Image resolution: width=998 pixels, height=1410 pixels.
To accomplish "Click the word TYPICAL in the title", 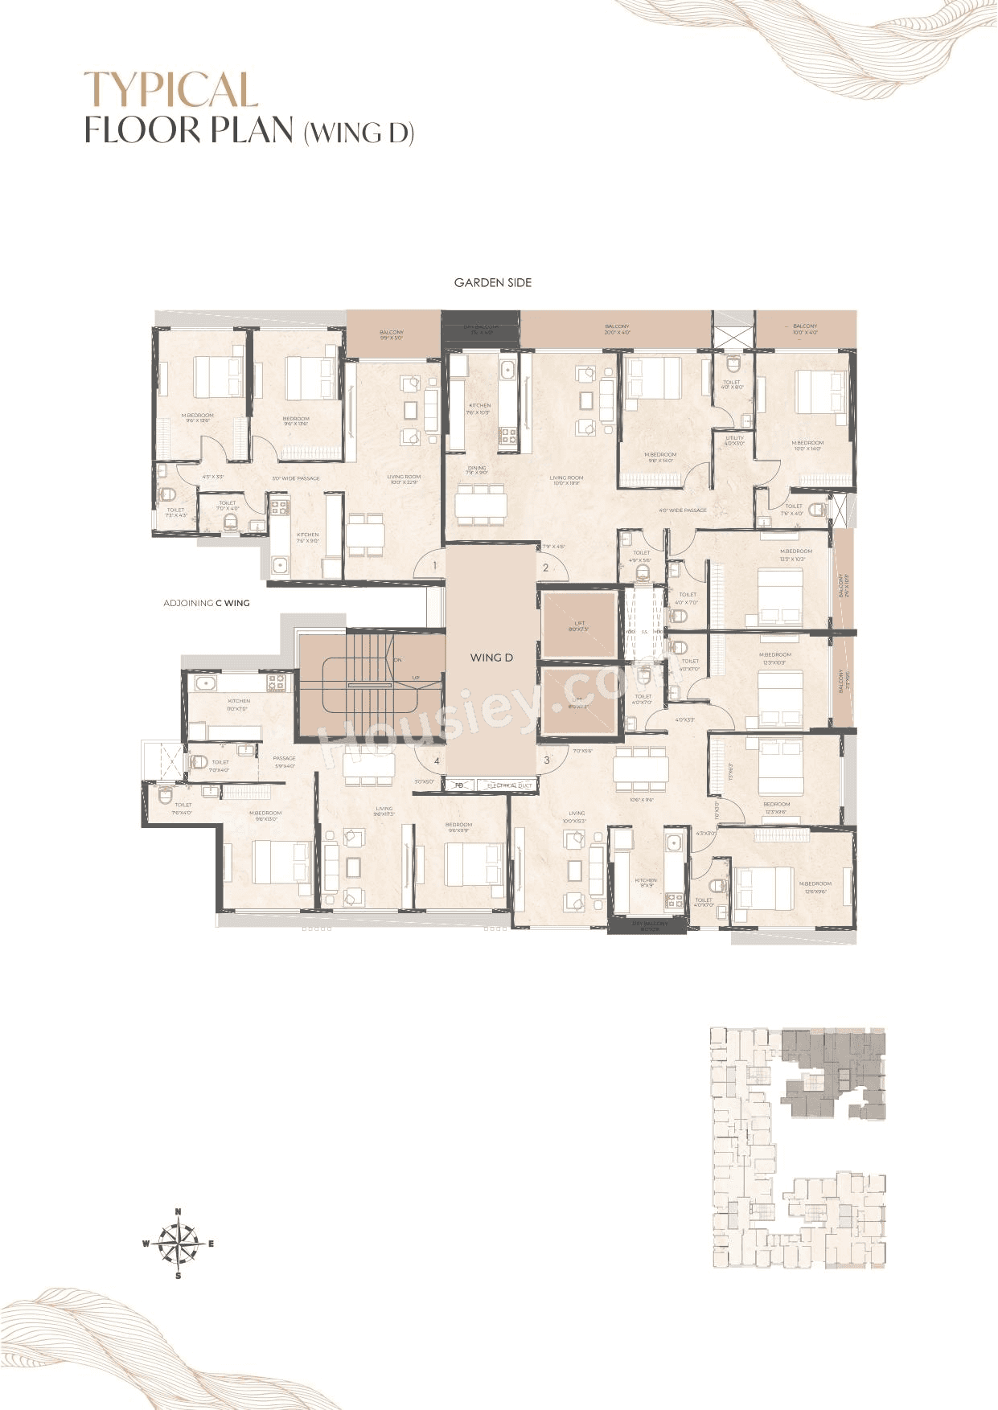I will [x=171, y=90].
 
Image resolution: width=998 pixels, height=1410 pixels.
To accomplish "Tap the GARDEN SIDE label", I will [x=492, y=283].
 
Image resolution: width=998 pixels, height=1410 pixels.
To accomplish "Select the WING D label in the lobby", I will [x=491, y=658].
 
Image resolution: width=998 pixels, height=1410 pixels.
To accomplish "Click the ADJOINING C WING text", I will [x=207, y=603].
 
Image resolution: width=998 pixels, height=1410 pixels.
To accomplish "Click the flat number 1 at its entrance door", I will [x=434, y=566].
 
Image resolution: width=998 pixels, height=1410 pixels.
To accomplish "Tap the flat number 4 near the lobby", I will [x=437, y=760].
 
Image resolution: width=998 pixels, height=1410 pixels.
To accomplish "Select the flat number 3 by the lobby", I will [x=547, y=760].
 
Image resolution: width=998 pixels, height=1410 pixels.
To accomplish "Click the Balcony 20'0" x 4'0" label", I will [x=617, y=330].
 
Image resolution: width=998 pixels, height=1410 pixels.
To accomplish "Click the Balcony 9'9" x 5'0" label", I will [x=392, y=335].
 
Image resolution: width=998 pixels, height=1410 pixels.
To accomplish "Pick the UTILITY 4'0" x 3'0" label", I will [x=734, y=441].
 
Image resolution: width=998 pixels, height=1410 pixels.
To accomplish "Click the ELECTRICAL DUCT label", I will [x=509, y=785].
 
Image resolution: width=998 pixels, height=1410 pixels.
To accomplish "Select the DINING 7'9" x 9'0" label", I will [x=477, y=470].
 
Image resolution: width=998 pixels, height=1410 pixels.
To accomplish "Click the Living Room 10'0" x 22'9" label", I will [x=404, y=479].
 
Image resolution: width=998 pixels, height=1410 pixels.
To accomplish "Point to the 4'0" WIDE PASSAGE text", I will [x=683, y=510].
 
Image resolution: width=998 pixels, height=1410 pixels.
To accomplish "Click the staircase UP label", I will [x=416, y=678].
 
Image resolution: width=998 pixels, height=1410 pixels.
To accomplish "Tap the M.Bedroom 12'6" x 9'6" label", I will [x=815, y=886].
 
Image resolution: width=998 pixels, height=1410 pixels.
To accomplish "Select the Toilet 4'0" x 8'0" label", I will [x=732, y=384].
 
